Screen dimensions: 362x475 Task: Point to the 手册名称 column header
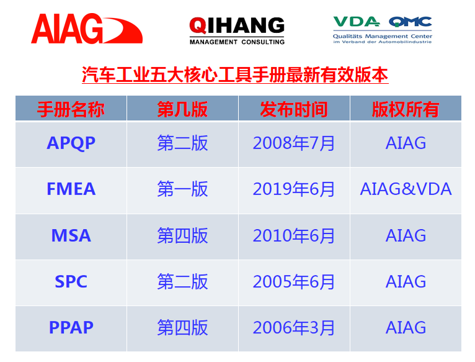click(x=71, y=109)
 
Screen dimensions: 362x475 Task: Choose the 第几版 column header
click(x=182, y=109)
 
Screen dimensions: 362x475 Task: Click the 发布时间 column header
click(x=294, y=109)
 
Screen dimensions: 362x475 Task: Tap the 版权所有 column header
click(x=406, y=109)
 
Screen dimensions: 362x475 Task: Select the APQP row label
click(x=71, y=143)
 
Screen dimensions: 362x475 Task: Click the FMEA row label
click(x=71, y=189)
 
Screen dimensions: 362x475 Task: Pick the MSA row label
click(x=71, y=235)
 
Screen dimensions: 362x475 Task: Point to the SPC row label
click(x=71, y=281)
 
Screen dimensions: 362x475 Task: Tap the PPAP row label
click(x=71, y=327)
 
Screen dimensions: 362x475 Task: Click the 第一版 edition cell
click(x=182, y=189)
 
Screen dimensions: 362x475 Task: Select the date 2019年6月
click(x=294, y=189)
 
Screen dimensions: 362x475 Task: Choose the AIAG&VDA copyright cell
click(x=406, y=189)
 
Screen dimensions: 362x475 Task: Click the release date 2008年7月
click(x=294, y=143)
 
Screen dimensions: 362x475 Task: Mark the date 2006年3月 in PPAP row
click(x=294, y=327)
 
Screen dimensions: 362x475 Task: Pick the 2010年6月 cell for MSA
click(x=294, y=235)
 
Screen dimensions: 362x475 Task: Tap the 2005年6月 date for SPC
click(x=294, y=281)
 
